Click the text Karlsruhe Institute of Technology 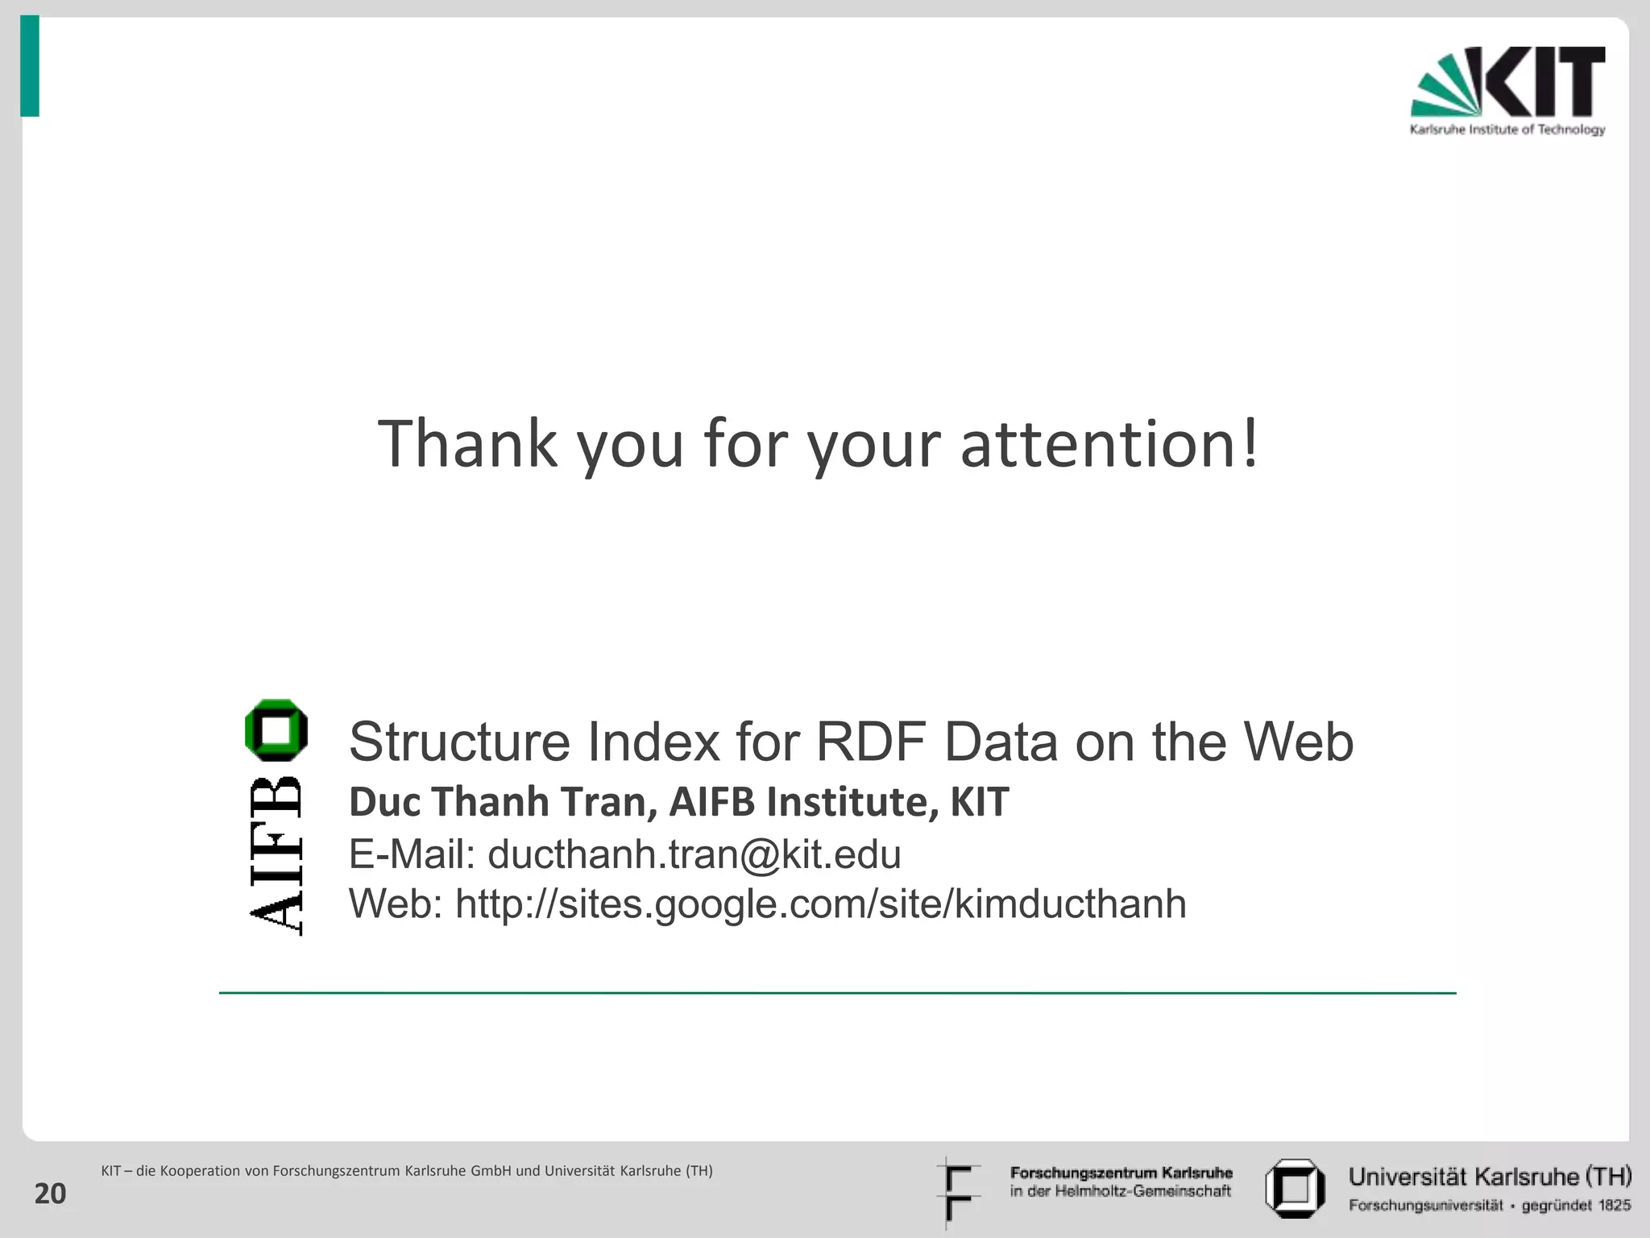click(1507, 130)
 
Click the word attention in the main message click(1108, 444)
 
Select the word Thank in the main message click(467, 444)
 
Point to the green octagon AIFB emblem click(276, 730)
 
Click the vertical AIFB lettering click(276, 856)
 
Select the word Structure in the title click(459, 742)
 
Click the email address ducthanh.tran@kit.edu click(694, 854)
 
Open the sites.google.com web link click(820, 904)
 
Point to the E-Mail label click(411, 854)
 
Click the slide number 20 click(50, 1194)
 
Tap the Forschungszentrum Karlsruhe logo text click(1121, 1182)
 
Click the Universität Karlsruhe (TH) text click(1490, 1177)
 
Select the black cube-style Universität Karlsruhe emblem click(1295, 1188)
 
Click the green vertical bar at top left click(30, 67)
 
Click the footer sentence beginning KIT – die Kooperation click(406, 1171)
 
